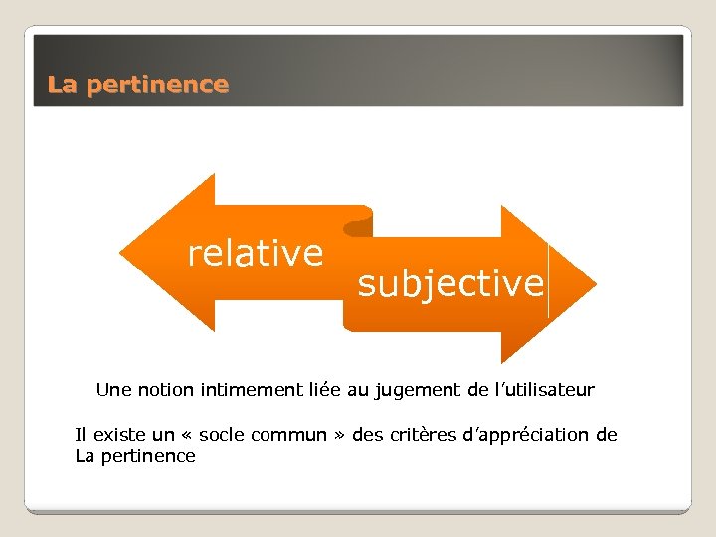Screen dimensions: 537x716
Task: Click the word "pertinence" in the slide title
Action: [x=157, y=86]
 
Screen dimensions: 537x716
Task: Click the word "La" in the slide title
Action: [x=62, y=86]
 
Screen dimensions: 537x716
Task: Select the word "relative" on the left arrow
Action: [x=256, y=253]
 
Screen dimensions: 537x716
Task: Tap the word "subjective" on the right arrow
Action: [x=450, y=284]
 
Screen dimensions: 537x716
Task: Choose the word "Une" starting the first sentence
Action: [x=112, y=390]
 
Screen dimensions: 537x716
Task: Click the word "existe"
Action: [x=116, y=435]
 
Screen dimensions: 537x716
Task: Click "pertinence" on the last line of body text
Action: [x=148, y=456]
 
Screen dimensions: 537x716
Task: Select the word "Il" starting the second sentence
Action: [x=80, y=435]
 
